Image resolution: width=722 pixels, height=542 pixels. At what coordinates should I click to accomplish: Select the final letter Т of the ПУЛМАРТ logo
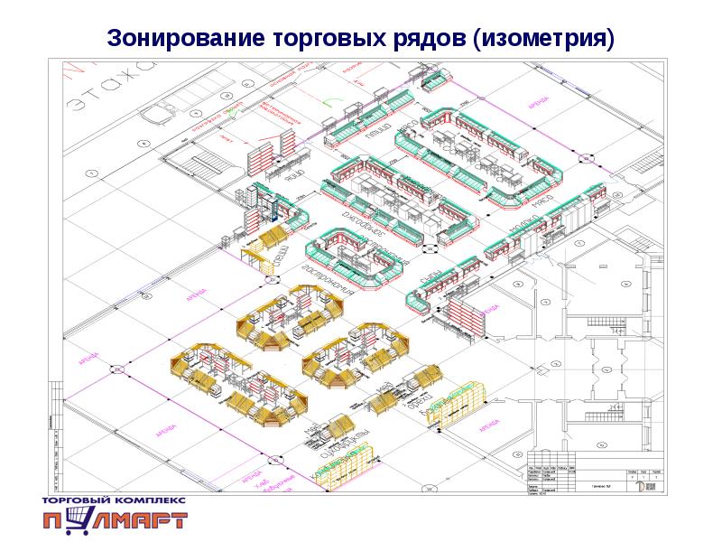tap(175, 520)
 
